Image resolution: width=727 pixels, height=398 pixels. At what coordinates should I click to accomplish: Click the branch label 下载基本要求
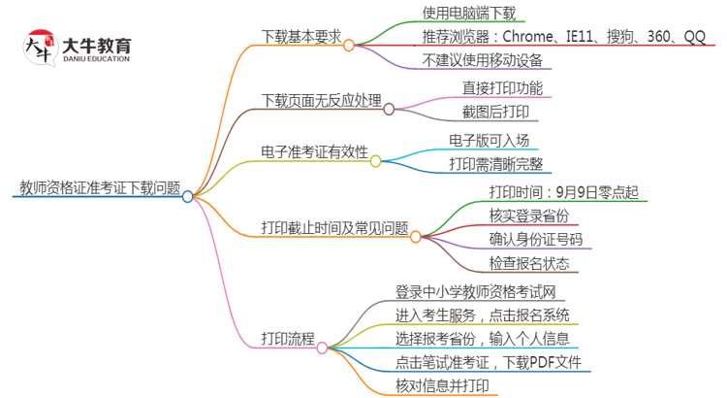point(301,37)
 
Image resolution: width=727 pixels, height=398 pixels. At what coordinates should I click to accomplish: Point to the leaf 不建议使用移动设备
point(482,61)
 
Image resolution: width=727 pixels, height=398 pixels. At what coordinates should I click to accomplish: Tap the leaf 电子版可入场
point(489,140)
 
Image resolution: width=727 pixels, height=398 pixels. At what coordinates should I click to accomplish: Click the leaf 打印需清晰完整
point(495,164)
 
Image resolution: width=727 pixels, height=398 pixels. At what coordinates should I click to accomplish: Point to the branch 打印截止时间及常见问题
point(334,228)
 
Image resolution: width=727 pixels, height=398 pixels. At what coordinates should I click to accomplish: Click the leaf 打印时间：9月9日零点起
point(563,191)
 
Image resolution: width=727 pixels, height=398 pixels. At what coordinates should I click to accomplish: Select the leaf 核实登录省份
point(529,216)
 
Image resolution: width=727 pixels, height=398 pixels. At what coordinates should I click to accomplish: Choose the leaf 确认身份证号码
point(536,240)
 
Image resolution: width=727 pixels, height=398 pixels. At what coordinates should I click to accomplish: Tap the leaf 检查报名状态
point(529,264)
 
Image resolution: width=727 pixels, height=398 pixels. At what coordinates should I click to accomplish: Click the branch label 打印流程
point(288,339)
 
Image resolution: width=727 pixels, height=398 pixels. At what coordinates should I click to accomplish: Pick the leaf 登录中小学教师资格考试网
point(474,291)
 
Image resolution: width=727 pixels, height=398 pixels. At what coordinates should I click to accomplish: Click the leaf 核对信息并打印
point(442,386)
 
